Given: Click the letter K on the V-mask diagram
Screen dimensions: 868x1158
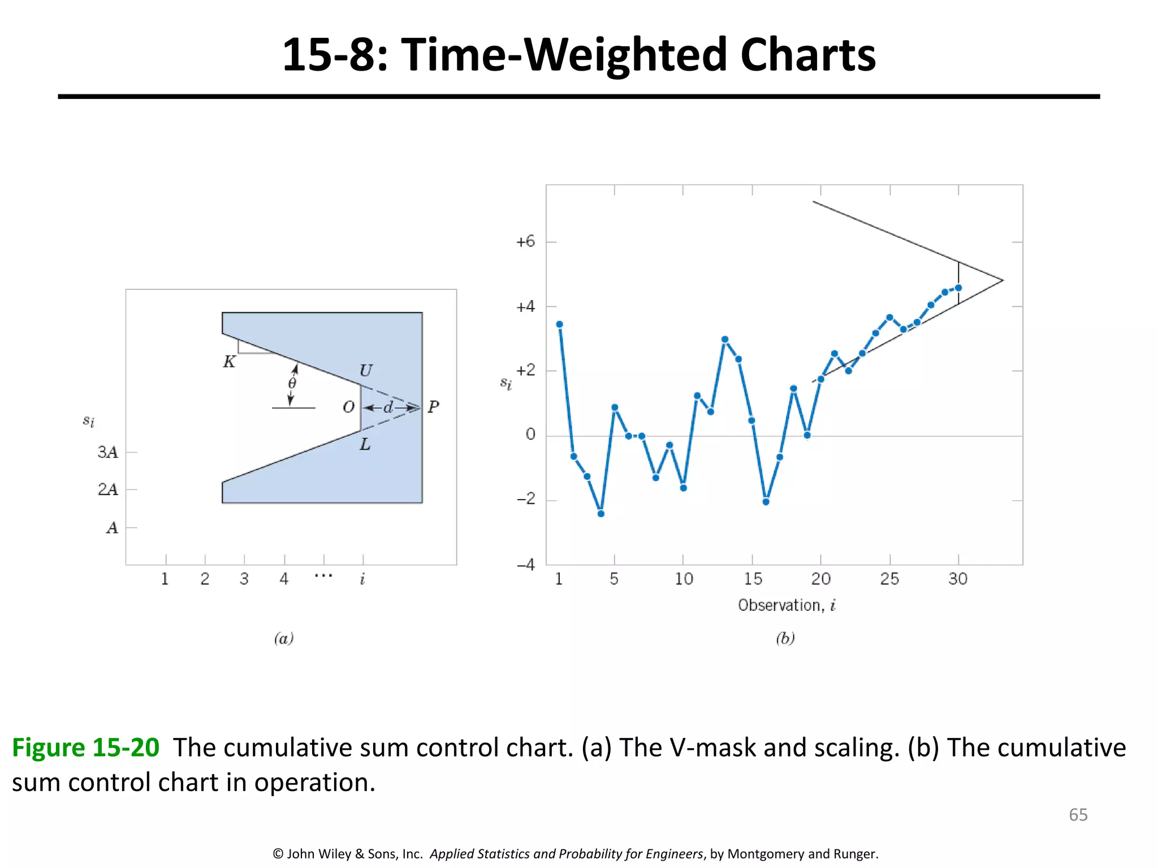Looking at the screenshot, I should [x=229, y=362].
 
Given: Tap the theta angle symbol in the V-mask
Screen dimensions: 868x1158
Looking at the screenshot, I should [x=292, y=384].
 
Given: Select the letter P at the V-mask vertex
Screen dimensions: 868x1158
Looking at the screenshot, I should [x=433, y=407].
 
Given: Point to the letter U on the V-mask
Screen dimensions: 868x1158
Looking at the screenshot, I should [x=366, y=371].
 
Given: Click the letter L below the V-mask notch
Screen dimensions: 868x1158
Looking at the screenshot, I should [x=365, y=445].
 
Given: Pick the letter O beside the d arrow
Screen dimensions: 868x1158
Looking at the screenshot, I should [x=349, y=407].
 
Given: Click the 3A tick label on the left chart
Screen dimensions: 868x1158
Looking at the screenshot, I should [x=107, y=452].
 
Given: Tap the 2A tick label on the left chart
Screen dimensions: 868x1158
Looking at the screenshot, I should [x=107, y=489].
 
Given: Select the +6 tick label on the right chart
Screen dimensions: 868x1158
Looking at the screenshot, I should [x=525, y=242].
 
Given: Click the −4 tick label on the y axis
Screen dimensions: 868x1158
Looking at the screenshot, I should [x=525, y=565].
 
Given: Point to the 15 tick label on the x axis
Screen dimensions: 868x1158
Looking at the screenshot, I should [x=753, y=579].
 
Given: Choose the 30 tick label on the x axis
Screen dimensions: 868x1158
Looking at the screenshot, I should [x=958, y=579].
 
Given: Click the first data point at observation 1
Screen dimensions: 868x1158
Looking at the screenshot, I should [x=559, y=324].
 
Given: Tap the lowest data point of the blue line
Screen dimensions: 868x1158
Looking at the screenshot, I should [x=600, y=514].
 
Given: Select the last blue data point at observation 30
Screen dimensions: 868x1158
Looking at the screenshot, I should [x=958, y=288].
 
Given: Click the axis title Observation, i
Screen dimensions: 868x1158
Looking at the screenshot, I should [x=787, y=605].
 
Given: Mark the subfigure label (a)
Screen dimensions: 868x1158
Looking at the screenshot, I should [x=284, y=639].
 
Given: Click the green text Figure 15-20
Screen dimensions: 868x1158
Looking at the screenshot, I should [x=86, y=748].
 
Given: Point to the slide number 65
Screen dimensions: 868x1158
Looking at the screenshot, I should [x=1078, y=814].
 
